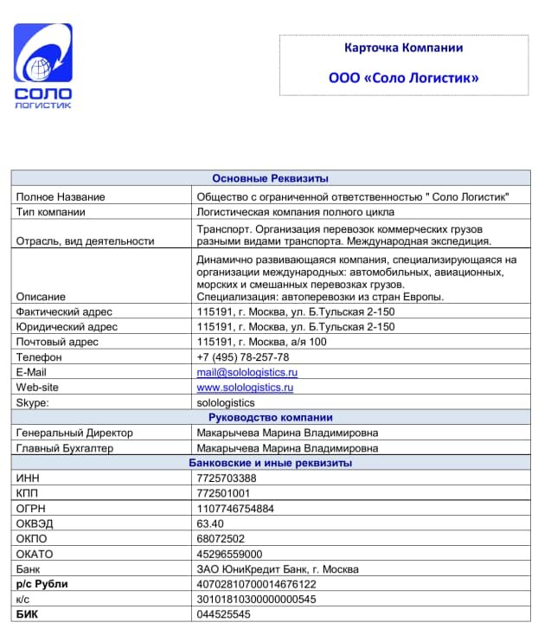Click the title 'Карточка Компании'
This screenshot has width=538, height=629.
pos(403,48)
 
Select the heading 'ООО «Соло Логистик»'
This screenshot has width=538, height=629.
pos(403,78)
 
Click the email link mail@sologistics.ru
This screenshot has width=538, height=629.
pos(247,372)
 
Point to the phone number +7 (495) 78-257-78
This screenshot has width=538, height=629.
pos(243,357)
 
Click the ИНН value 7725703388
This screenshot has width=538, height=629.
pos(227,478)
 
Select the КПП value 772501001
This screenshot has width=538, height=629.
pos(224,493)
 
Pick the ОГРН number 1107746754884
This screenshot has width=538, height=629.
pos(235,509)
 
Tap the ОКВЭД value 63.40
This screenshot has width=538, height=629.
pos(210,523)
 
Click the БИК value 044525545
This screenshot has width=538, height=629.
pos(224,614)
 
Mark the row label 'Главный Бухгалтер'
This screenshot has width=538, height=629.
pos(65,448)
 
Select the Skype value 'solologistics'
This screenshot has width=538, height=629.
pos(226,402)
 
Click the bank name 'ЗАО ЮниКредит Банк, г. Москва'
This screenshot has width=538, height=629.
pos(278,569)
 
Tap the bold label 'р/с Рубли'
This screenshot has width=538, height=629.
pos(42,584)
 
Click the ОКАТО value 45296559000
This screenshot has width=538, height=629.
pos(229,554)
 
